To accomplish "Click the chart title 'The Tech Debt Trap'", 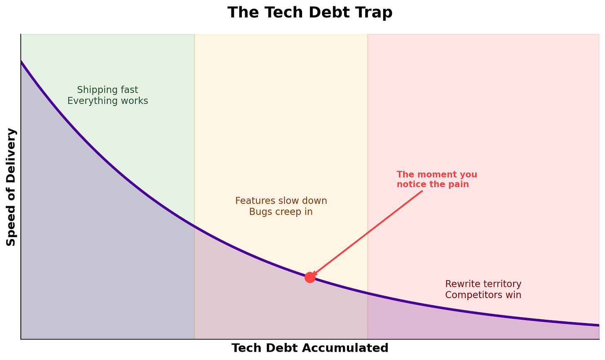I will (310, 12).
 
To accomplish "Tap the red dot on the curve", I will (310, 277).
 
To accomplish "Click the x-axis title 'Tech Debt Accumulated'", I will (310, 348).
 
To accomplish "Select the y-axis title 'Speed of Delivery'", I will (11, 187).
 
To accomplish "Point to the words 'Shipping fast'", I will (108, 90).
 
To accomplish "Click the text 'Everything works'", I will (108, 101).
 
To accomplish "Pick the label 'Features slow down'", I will (281, 201).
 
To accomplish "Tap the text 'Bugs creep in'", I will (281, 212).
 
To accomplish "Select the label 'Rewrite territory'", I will (483, 284).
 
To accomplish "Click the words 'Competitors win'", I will (483, 295).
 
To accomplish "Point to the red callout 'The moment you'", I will (437, 175).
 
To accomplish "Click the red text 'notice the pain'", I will (433, 184).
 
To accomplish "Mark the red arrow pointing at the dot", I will (368, 233).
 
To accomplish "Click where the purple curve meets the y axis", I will (21, 62).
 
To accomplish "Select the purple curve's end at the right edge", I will (599, 325).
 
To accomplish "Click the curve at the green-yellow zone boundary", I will (194, 226).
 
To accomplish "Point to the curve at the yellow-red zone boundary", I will (368, 293).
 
